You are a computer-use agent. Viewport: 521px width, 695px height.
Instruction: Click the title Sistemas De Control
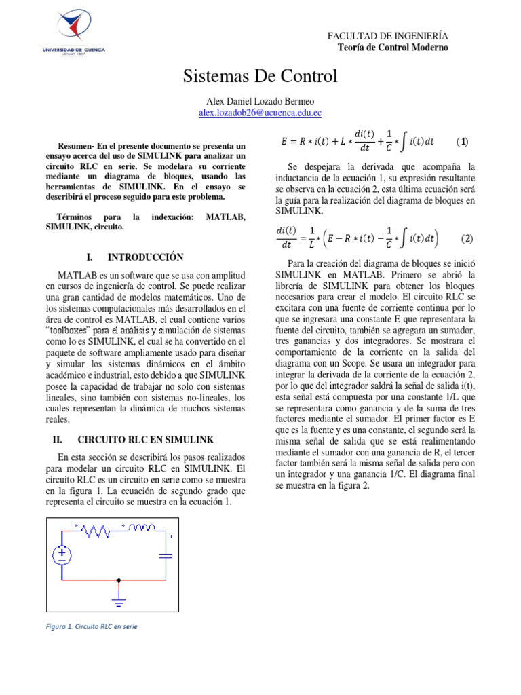(260, 76)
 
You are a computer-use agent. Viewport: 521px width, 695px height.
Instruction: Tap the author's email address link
(260, 113)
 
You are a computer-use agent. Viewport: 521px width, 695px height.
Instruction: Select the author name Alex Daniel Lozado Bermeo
(260, 101)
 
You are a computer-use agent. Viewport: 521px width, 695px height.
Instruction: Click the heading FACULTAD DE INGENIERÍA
(387, 36)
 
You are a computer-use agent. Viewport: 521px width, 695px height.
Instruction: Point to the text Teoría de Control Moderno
(393, 47)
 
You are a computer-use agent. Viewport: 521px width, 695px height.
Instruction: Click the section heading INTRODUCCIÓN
(145, 257)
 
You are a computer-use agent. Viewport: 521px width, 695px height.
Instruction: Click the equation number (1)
(462, 142)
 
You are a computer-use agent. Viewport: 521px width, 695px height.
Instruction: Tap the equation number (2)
(467, 239)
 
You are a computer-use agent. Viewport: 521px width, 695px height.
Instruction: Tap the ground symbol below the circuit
(119, 601)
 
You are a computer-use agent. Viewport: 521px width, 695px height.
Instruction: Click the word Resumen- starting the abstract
(76, 146)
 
